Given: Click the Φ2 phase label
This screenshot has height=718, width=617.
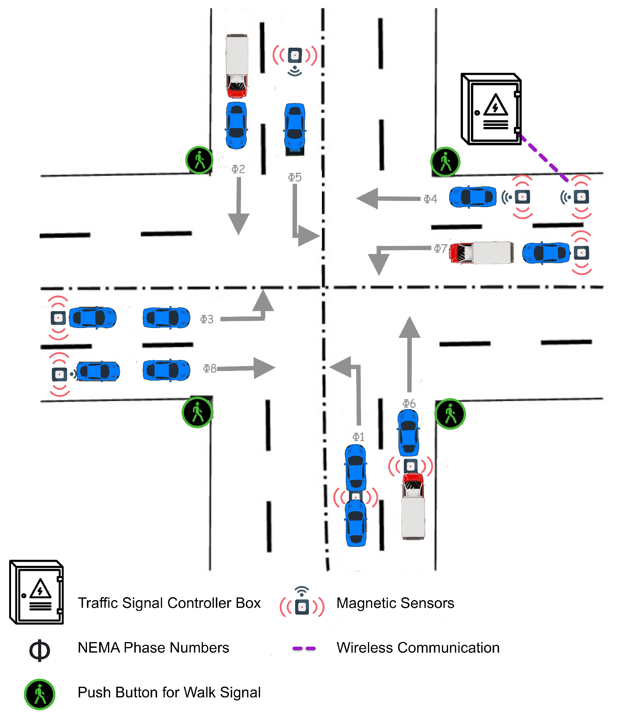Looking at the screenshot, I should click(238, 169).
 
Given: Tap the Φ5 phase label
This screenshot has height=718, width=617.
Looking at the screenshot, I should click(294, 177).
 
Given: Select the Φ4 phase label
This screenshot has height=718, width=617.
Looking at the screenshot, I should click(430, 199).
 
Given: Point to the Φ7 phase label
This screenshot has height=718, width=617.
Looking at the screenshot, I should click(440, 249).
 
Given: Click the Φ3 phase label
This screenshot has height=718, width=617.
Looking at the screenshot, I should click(207, 319).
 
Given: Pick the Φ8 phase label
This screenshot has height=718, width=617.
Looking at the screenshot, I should click(209, 368).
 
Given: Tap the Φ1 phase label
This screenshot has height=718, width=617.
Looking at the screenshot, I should click(358, 437).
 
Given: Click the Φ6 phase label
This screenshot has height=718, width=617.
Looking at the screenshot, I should click(409, 403).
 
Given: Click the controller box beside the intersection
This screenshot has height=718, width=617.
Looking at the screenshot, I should click(491, 109).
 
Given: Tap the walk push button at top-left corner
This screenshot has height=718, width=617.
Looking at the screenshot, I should click(199, 160).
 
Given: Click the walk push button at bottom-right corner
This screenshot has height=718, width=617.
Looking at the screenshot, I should click(450, 414).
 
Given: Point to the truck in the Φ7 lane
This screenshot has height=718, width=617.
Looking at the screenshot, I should click(481, 252).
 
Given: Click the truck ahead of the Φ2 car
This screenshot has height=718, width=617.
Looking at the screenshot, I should click(237, 66).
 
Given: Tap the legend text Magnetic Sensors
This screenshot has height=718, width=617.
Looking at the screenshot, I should click(395, 603).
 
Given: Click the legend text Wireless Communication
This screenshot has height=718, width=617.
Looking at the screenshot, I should click(418, 648).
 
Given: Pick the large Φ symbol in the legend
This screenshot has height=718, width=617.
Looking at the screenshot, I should click(40, 650).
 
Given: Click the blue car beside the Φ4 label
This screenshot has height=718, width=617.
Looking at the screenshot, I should click(472, 197).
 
